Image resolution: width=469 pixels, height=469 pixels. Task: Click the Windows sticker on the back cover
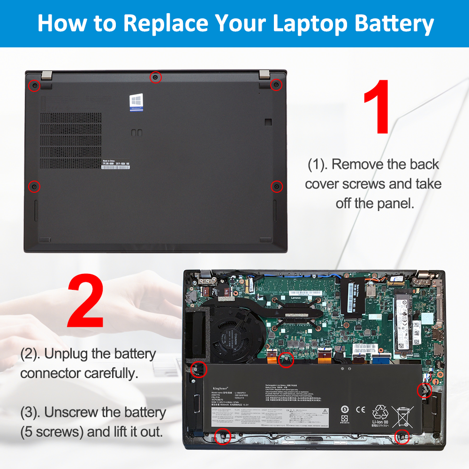point(136,102)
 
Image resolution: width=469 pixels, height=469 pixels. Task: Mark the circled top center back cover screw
point(156,77)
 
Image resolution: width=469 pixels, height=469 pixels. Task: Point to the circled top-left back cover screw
point(34,86)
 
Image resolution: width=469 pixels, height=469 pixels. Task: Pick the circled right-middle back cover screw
point(277,186)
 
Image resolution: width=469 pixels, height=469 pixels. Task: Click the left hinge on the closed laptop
point(46,75)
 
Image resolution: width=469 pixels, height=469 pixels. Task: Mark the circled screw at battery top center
point(285,360)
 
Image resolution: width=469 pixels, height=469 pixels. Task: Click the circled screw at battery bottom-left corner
point(222,437)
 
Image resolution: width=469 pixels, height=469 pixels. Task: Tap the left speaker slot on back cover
point(36,210)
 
